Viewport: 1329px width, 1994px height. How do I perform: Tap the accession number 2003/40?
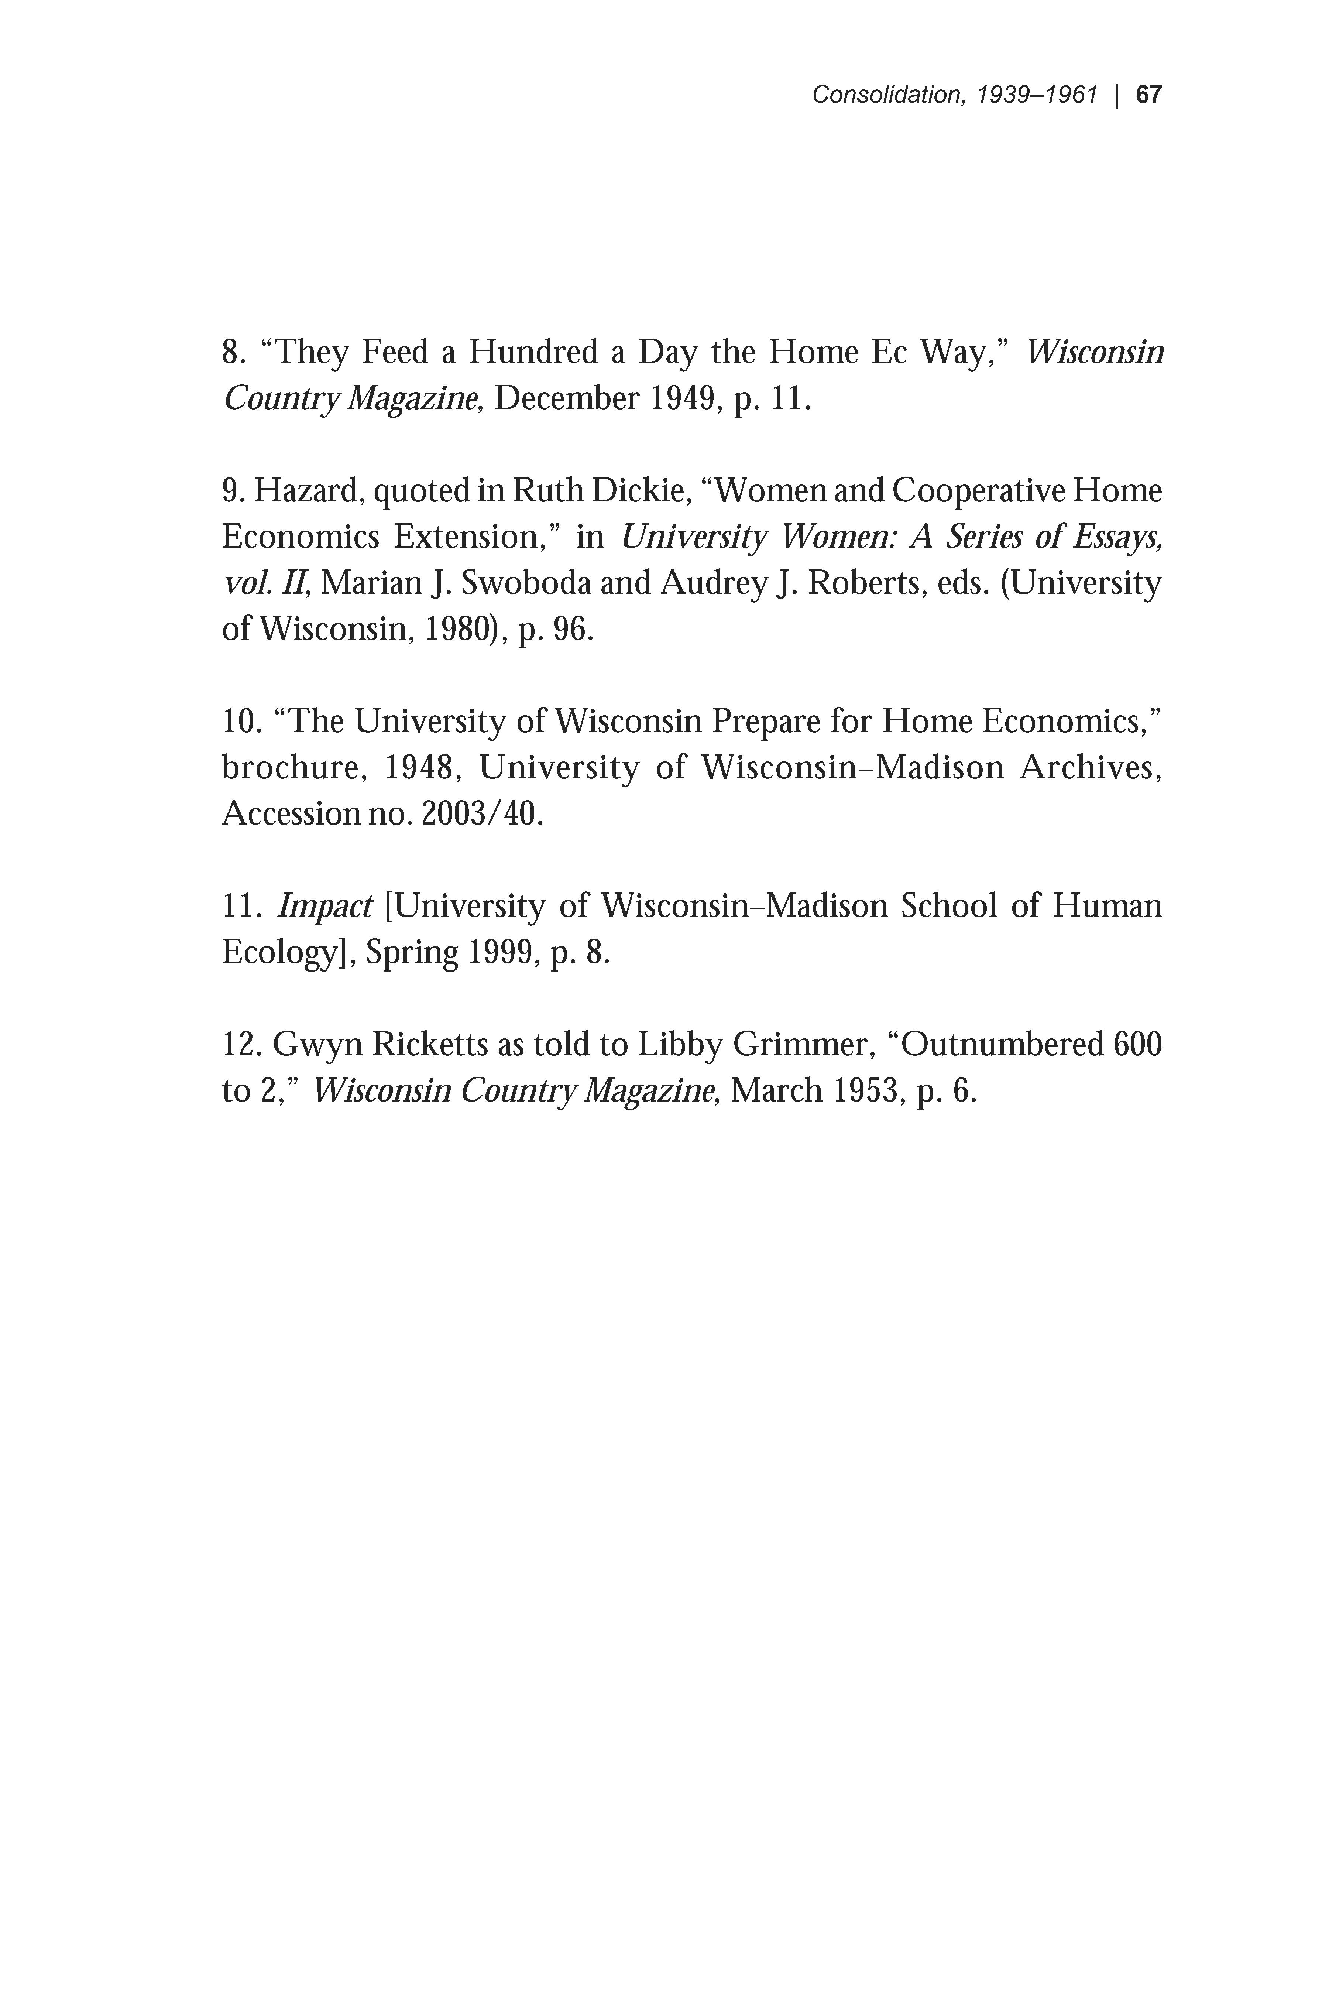point(478,814)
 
